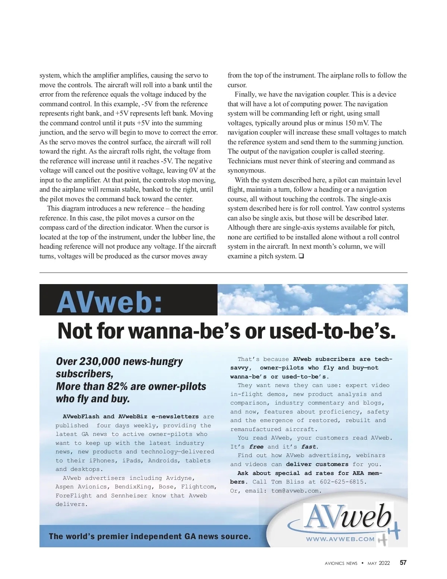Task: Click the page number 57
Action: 403,563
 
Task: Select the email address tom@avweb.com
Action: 295,491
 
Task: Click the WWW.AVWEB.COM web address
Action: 340,539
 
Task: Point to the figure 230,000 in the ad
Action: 100,361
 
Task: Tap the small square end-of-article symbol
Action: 301,256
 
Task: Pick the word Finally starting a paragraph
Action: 246,94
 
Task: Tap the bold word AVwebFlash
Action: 81,416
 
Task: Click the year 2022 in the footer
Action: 384,563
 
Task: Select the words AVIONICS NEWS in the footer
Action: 341,563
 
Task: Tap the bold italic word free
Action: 256,447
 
